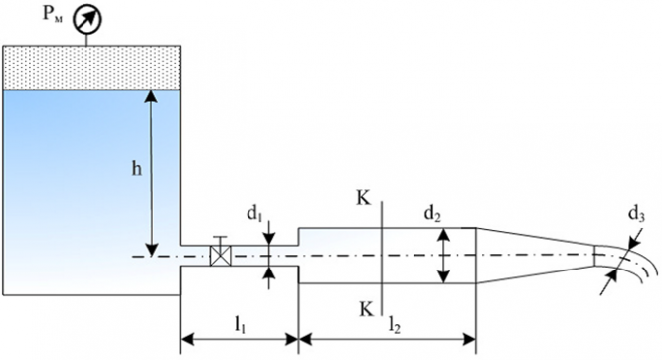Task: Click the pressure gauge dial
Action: pos(87,19)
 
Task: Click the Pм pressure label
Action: pos(53,15)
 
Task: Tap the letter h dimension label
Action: pos(137,169)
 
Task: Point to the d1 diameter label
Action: pos(255,215)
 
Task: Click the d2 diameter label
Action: pos(432,215)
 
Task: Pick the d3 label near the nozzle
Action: pos(637,215)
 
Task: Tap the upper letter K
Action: pos(363,198)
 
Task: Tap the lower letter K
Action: pos(366,309)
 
